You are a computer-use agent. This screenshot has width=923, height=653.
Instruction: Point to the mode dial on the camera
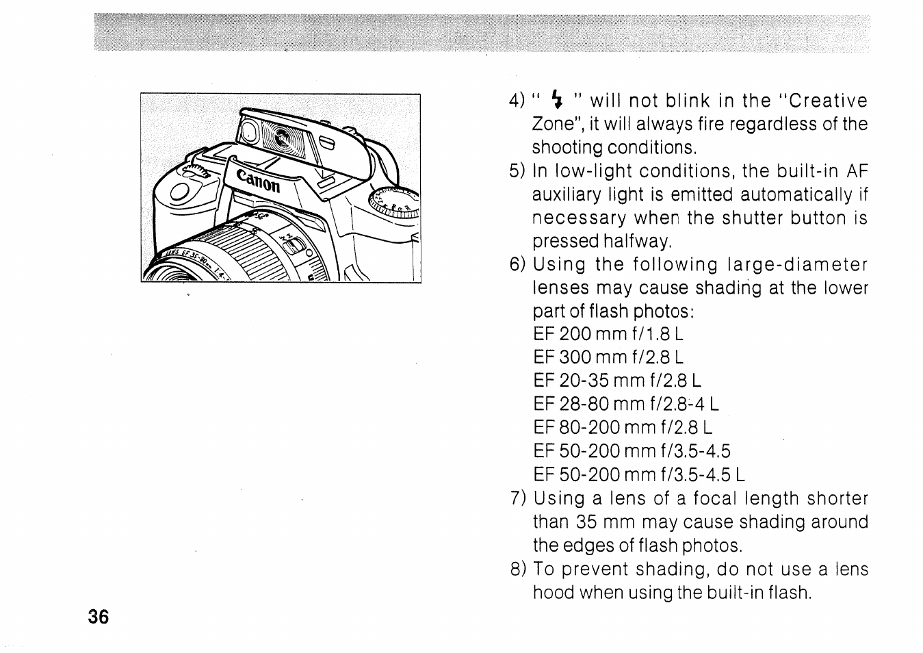tap(394, 203)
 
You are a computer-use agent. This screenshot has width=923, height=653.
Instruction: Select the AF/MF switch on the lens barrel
tap(292, 243)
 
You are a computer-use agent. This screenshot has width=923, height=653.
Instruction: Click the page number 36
tap(98, 617)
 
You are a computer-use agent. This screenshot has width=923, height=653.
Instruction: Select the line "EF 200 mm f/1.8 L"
tap(608, 334)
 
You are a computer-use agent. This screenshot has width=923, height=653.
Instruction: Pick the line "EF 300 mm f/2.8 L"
tap(608, 357)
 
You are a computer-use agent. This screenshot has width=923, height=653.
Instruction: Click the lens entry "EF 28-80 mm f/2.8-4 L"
tap(625, 404)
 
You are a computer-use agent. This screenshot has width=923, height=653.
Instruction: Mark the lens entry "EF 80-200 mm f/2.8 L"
tap(622, 428)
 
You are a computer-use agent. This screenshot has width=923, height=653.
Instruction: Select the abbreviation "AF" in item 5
tap(856, 171)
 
